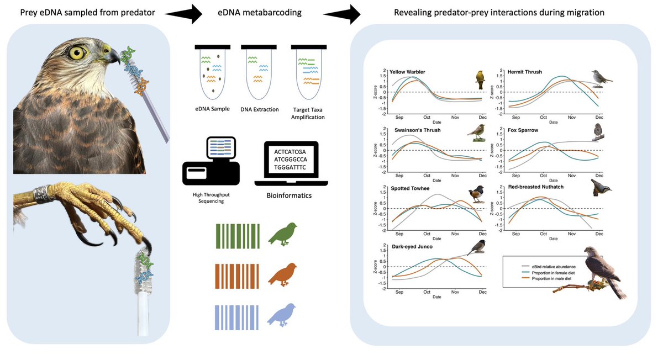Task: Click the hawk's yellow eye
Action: (x=77, y=53)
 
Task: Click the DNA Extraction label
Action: (x=259, y=109)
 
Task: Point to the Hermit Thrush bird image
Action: (x=601, y=76)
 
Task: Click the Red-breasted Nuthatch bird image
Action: (x=601, y=188)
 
